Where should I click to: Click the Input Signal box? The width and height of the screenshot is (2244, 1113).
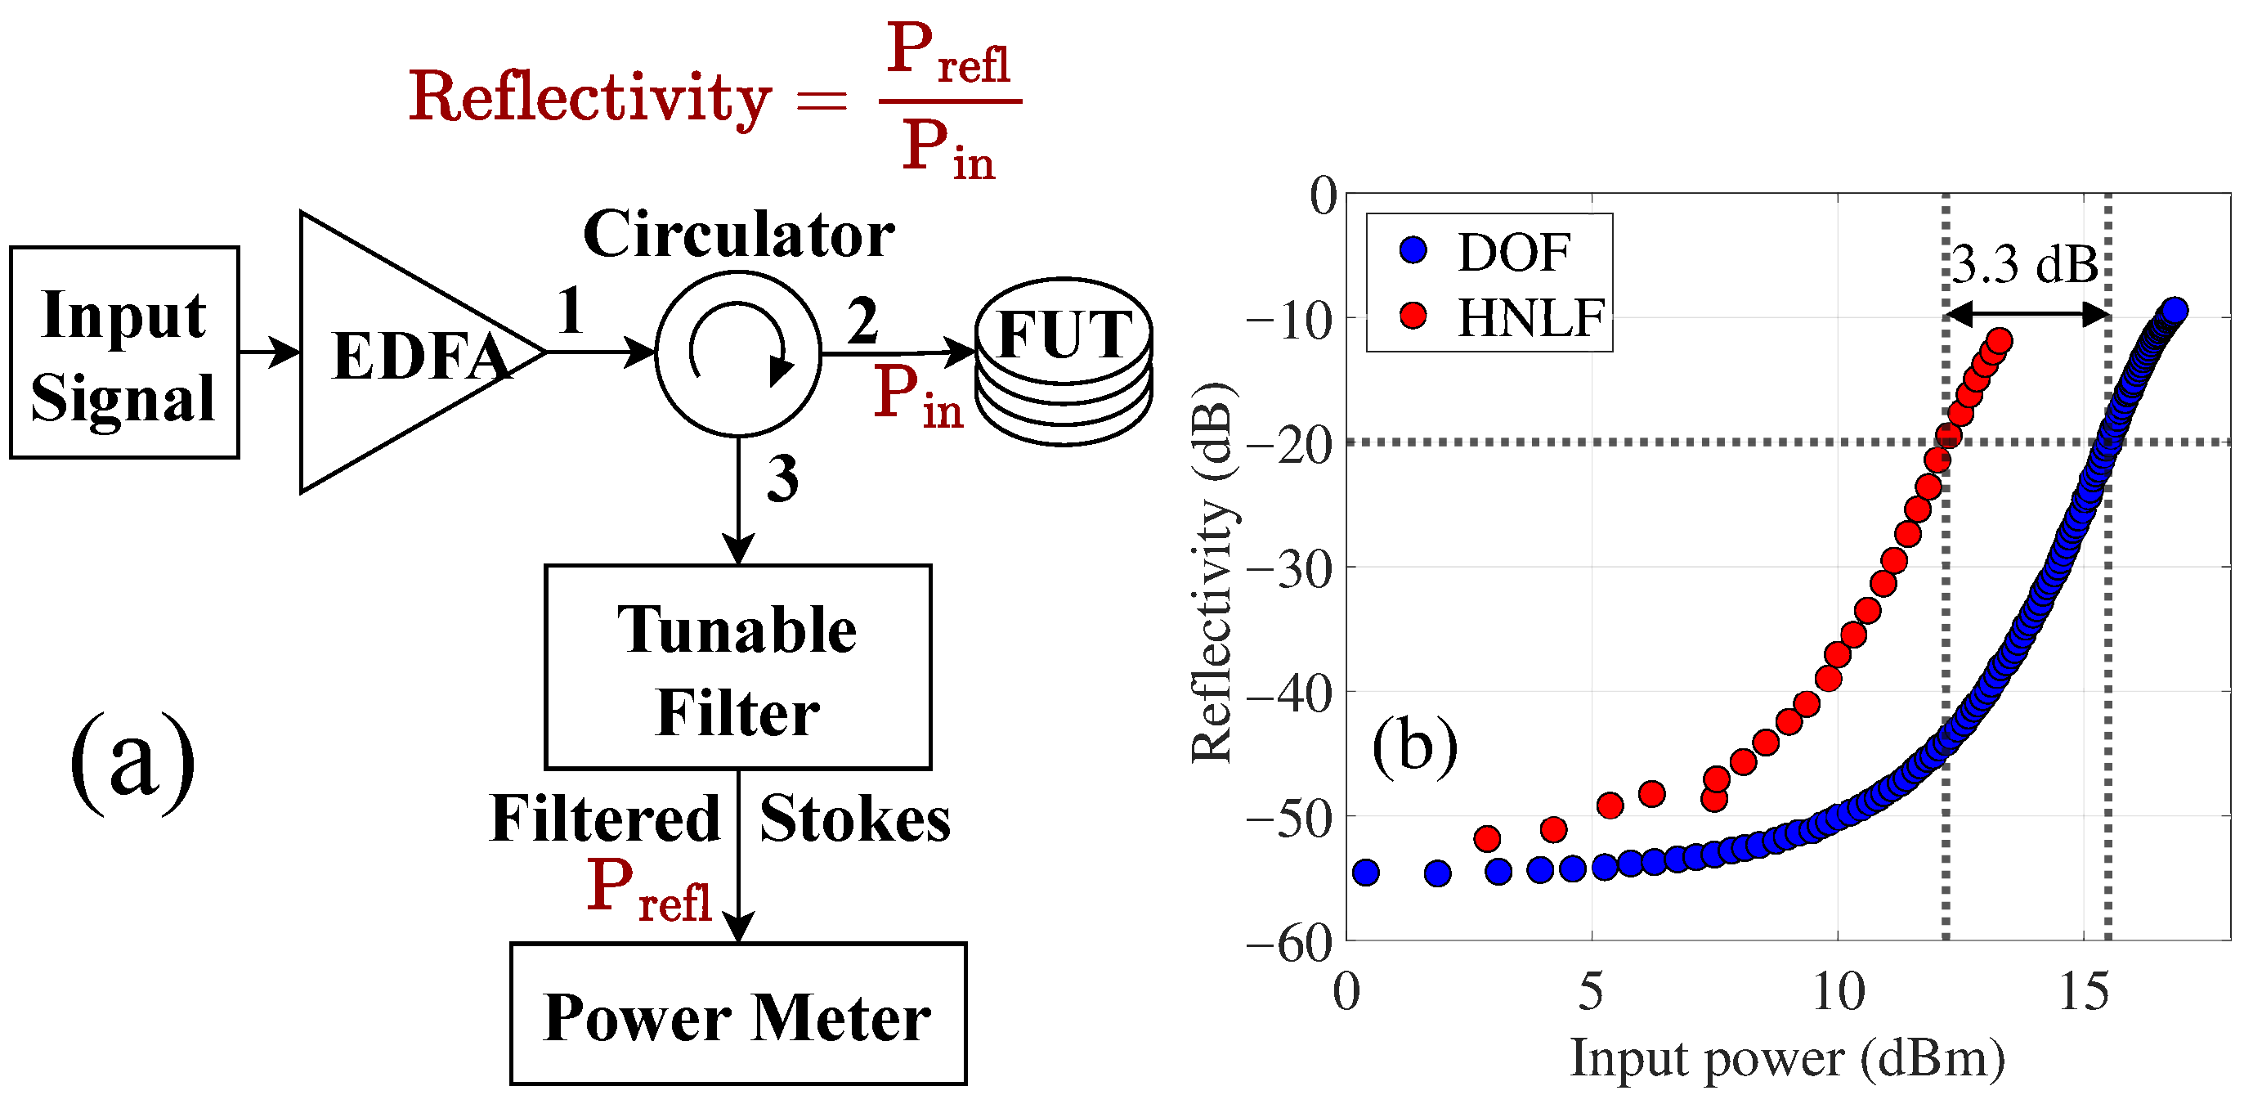coord(123,353)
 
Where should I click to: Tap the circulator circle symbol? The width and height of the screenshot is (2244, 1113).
coord(738,353)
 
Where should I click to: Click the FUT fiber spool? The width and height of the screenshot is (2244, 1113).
coord(1064,361)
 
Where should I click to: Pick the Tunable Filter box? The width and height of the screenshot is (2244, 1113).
coord(738,667)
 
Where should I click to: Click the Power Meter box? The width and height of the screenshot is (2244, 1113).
coord(738,1015)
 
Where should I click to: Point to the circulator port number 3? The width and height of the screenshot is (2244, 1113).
coord(782,478)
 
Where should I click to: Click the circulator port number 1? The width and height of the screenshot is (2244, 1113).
coord(571,311)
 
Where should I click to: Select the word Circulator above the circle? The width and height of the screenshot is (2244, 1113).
coord(739,236)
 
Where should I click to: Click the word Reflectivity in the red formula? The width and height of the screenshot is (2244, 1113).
coord(590,98)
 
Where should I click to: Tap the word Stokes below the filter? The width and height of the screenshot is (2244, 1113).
coord(854,819)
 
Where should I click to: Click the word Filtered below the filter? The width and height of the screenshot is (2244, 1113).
coord(605,819)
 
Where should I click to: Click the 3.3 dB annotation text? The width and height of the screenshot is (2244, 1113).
coord(2026,263)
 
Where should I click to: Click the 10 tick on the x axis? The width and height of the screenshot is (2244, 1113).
coord(1838,992)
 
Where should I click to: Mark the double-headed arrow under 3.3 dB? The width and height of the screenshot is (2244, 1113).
coord(2027,314)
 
